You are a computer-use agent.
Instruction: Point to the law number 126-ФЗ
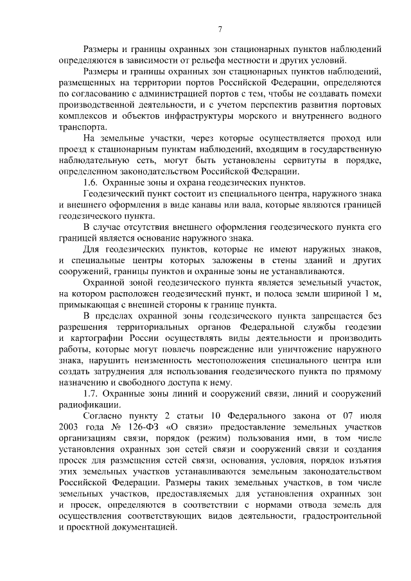pos(137,428)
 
